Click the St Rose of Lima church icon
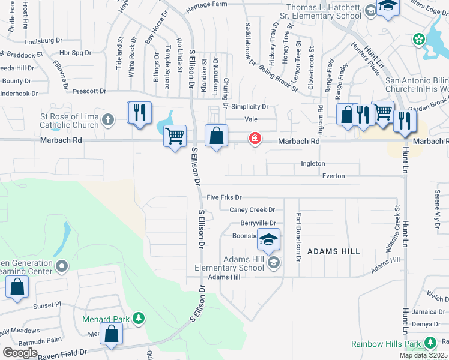[x=108, y=119]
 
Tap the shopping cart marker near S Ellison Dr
[x=175, y=136]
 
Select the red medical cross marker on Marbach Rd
[x=255, y=139]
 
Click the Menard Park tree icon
[x=139, y=317]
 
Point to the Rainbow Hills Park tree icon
[x=430, y=343]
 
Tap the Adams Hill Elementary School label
[x=229, y=263]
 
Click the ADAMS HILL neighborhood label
[x=333, y=251]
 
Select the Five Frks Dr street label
[x=223, y=197]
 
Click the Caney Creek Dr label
[x=252, y=209]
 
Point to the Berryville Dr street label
[x=257, y=223]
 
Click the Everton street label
[x=333, y=176]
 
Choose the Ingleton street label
[x=313, y=163]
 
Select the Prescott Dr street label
[x=89, y=92]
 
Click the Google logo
[x=19, y=353]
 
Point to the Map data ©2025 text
[x=424, y=355]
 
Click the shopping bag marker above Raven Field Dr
[x=112, y=334]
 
